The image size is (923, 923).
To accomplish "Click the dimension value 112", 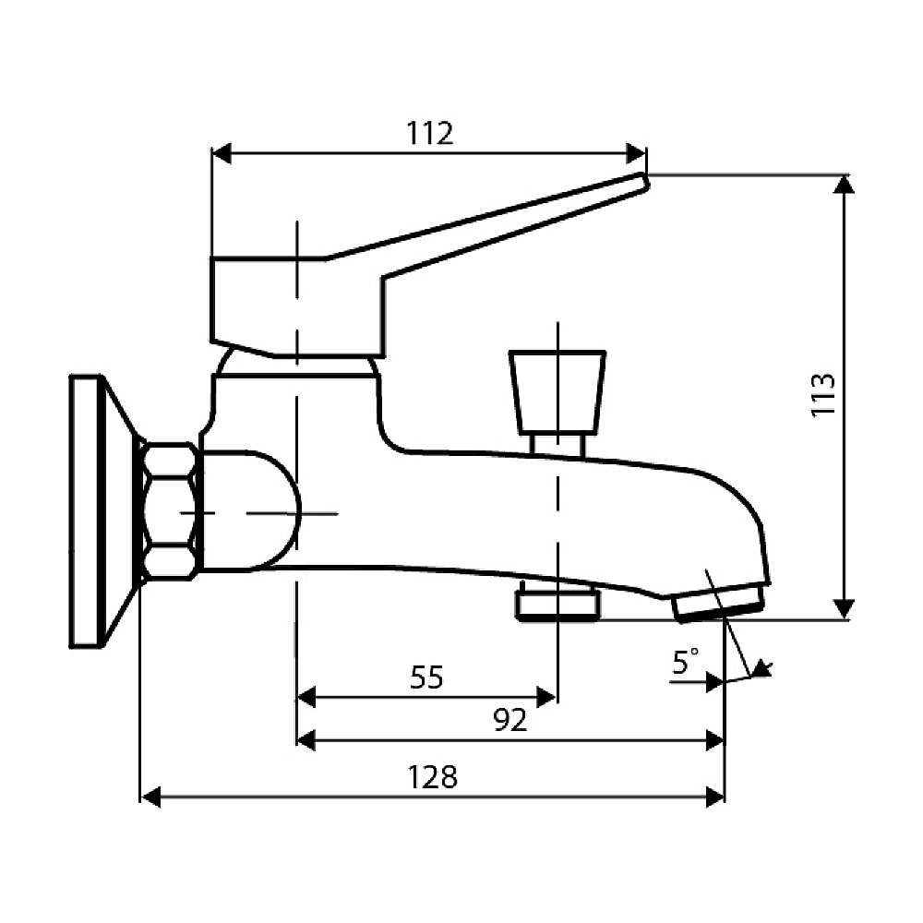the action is point(430,134).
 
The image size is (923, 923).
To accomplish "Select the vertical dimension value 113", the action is point(823,394).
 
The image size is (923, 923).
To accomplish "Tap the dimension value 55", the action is point(426,677).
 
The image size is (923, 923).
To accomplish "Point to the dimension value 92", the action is point(510,719).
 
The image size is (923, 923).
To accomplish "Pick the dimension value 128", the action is point(433,777).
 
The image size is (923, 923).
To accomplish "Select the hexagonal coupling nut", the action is point(170,511).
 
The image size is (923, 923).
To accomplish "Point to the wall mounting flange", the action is point(100,511).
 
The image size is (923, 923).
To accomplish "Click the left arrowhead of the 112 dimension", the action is point(222,153).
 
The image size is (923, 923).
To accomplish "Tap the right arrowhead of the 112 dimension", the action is point(636,153).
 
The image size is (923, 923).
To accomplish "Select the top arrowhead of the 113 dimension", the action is point(845,185).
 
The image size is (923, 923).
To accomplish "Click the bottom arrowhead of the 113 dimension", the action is point(845,608).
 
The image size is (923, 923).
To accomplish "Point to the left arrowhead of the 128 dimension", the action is point(151,798).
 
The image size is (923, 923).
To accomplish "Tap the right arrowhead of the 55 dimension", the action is point(546,698).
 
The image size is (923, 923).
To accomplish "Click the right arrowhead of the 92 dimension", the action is point(714,741).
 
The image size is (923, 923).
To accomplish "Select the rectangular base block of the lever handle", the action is point(297,306).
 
